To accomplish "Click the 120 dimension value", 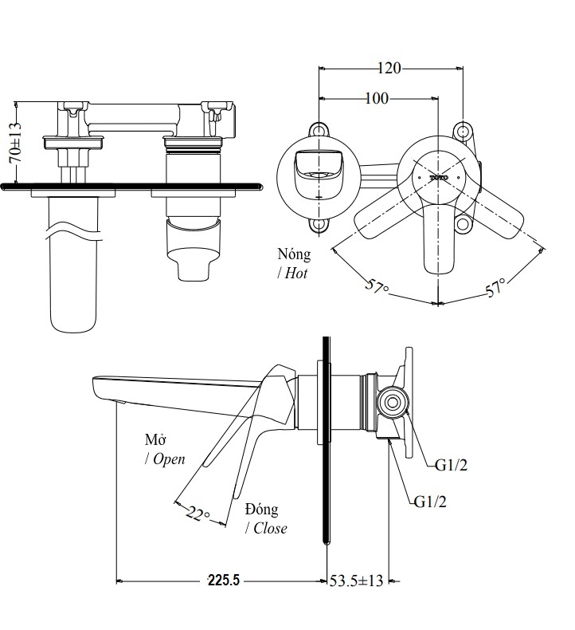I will pyautogui.click(x=389, y=69).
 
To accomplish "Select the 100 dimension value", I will pyautogui.click(x=377, y=99).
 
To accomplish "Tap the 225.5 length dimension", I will pyautogui.click(x=223, y=581).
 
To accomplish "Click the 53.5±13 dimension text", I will pyautogui.click(x=356, y=581).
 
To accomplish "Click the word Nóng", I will pyautogui.click(x=294, y=254).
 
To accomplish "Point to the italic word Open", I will pyautogui.click(x=168, y=459).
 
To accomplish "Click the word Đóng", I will pyautogui.click(x=261, y=510).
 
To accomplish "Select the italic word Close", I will pyautogui.click(x=269, y=528).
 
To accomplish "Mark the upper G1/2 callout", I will pyautogui.click(x=451, y=466).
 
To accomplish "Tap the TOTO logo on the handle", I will pyautogui.click(x=439, y=176).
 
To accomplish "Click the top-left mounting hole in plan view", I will pyautogui.click(x=319, y=130).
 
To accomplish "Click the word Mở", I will pyautogui.click(x=154, y=439).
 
